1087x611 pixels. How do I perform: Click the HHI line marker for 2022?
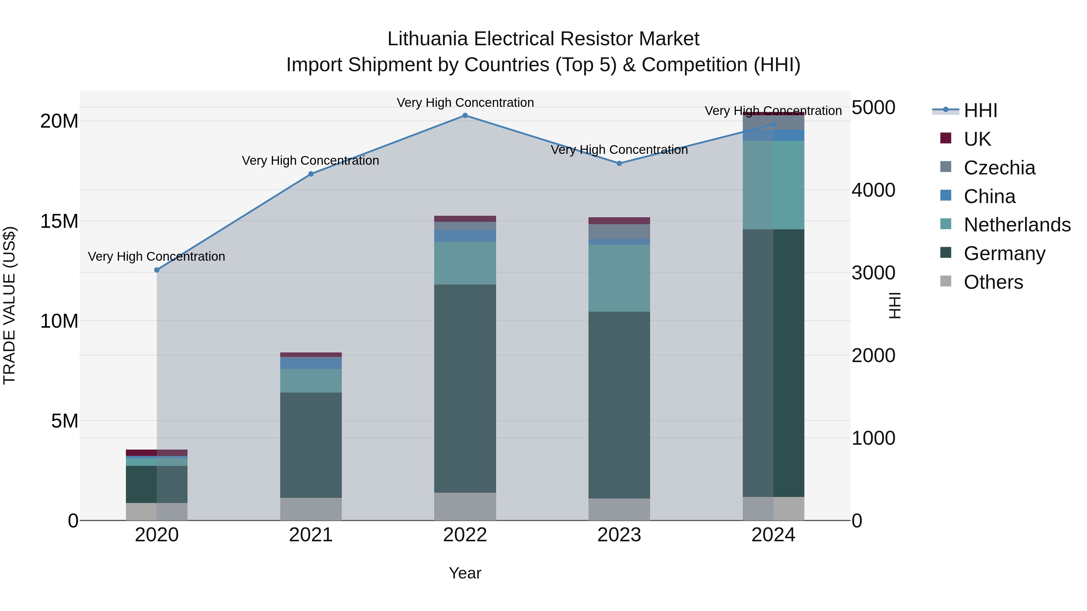coord(465,116)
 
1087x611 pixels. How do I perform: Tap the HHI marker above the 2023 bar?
coord(619,164)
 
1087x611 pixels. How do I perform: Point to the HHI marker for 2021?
coord(311,174)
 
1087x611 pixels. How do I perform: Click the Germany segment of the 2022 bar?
coord(465,388)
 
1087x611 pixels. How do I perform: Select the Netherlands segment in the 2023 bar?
coord(619,278)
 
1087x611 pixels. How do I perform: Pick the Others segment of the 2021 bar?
coord(311,509)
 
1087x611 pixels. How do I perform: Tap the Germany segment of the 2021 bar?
coord(311,445)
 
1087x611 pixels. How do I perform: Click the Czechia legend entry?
coord(999,168)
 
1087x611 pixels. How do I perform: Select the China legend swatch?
coord(946,196)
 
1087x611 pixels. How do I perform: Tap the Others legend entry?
coord(993,282)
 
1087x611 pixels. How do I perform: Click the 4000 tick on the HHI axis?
coord(873,190)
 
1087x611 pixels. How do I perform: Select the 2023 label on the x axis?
coord(619,535)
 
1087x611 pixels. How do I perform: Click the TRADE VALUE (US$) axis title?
coord(10,305)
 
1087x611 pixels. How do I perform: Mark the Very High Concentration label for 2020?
coord(156,256)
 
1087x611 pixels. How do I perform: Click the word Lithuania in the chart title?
coord(428,39)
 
